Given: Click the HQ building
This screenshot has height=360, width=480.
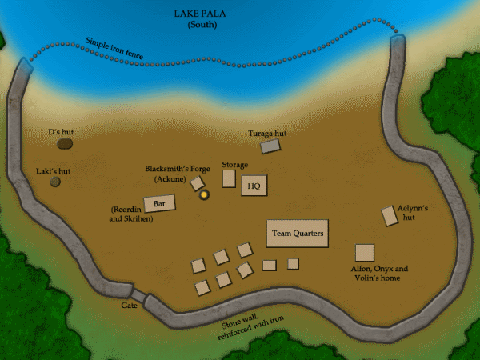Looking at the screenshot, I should (254, 186).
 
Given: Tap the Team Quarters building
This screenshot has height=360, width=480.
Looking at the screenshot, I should (298, 233).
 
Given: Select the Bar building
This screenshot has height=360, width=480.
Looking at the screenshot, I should (159, 204).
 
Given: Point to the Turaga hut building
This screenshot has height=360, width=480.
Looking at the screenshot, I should (271, 146).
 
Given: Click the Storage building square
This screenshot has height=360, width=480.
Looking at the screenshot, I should (229, 178).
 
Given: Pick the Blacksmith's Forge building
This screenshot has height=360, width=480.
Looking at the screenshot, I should (197, 183).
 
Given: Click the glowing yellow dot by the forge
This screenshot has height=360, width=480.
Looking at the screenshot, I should (204, 194).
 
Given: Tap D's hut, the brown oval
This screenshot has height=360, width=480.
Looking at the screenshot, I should (65, 143).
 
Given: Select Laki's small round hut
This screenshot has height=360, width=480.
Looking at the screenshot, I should (55, 182).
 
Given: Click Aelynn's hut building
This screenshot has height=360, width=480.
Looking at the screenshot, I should (390, 215).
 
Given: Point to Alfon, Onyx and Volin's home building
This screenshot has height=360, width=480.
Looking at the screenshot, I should (365, 253).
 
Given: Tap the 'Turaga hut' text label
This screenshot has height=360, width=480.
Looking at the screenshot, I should (267, 133).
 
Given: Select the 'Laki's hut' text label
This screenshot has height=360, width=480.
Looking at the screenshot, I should (54, 170).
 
